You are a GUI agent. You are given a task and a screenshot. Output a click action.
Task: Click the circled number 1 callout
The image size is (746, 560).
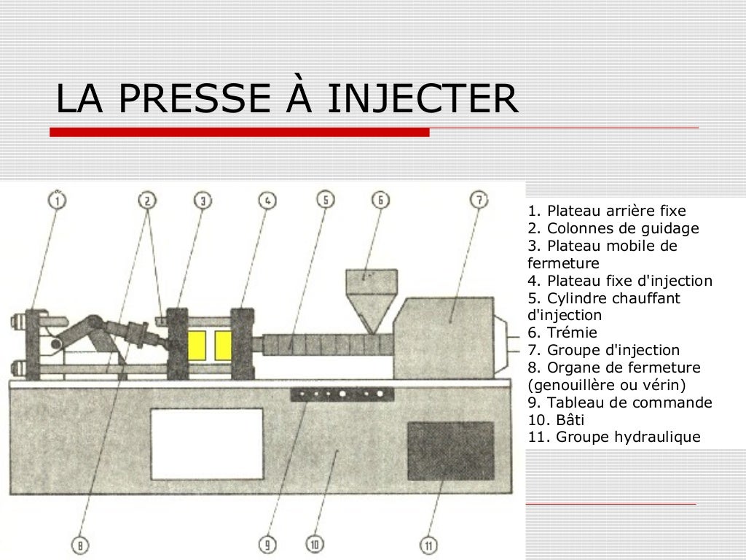pos(57,199)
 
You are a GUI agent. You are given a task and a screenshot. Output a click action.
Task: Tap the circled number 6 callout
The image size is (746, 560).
pos(380,199)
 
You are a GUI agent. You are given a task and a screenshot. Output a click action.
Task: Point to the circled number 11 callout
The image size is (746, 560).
pos(429,544)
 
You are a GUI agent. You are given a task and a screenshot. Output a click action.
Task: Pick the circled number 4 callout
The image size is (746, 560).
pos(267,200)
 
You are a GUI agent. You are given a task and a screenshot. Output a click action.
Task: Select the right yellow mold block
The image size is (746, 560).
pos(223,346)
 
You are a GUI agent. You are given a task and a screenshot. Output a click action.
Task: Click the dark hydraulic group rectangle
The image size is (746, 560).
pos(449,451)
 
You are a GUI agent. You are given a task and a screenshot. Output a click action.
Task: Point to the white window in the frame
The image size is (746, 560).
pos(207,443)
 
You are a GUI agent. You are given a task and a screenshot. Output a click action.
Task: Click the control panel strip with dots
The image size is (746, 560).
pos(342,394)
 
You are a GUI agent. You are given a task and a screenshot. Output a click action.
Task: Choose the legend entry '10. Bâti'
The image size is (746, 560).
pos(555,420)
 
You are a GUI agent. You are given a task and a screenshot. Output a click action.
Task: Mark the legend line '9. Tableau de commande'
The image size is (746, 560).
pos(619,402)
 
